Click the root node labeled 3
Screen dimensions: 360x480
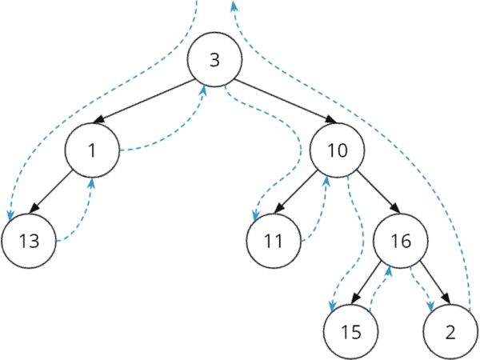pos(214,61)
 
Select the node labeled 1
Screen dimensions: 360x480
pos(93,150)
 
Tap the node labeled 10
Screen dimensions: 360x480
pos(336,150)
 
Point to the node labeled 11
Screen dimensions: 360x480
pos(274,241)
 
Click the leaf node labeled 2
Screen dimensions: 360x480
pos(450,330)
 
